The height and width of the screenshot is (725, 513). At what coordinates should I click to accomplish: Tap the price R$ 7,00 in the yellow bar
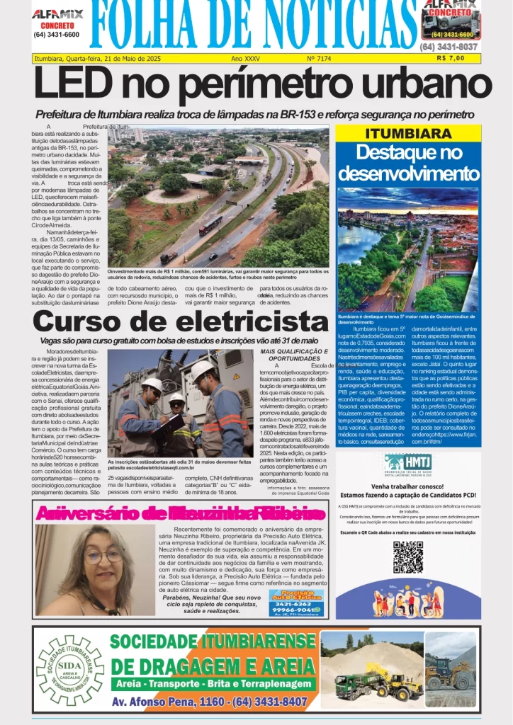coord(451,58)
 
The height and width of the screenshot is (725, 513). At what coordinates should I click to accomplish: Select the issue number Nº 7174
coord(320,58)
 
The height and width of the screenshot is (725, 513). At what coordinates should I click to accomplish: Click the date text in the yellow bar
coord(98,58)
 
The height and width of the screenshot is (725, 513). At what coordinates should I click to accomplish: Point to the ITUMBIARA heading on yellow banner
coord(407,134)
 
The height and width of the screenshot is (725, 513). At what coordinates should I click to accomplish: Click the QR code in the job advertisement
coord(407,557)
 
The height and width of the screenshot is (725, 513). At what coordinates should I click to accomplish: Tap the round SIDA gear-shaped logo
coord(70,670)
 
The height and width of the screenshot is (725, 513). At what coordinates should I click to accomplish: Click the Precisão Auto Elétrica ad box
coord(296,604)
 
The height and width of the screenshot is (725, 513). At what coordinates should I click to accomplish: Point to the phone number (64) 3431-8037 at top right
coord(449,47)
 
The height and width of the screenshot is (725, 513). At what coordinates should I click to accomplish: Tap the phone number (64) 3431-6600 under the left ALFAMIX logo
coord(57,34)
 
